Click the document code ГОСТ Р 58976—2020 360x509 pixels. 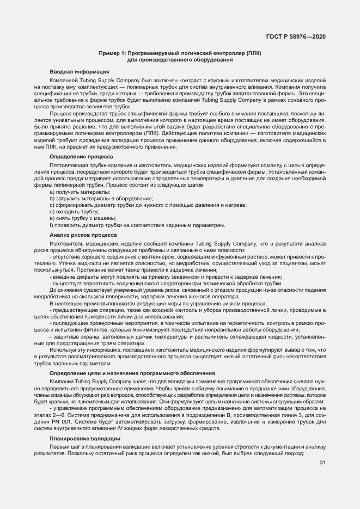[303, 36]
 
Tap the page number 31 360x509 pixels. [322, 463]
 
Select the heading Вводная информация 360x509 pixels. [79, 72]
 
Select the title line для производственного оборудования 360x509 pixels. [180, 60]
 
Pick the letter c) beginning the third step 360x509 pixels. [52, 205]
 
